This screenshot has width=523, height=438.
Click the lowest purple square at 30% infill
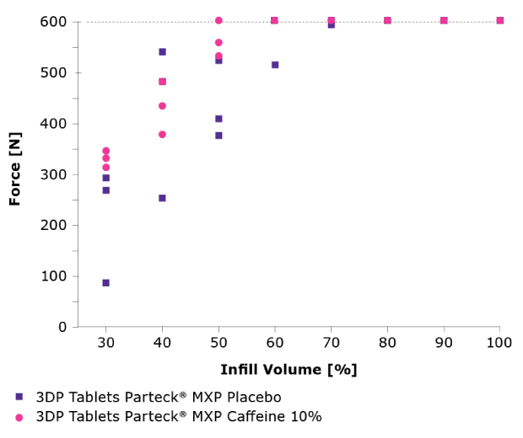coord(105,283)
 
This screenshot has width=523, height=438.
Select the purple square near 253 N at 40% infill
coord(162,198)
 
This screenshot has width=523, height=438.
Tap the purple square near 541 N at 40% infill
coord(162,52)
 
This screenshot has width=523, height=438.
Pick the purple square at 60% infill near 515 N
coord(275,65)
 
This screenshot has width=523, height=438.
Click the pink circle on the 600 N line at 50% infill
coord(218,20)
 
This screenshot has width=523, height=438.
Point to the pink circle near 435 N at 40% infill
coord(162,106)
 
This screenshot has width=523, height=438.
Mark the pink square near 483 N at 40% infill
coord(162,82)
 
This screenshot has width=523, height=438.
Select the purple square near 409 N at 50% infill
coord(218,119)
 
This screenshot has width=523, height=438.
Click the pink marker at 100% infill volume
coord(500,20)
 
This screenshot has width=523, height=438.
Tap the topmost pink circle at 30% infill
coord(105,151)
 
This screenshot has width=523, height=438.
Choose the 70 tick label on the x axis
coord(331,344)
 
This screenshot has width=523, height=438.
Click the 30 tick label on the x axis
coord(105,344)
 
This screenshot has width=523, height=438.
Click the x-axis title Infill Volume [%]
coord(288,370)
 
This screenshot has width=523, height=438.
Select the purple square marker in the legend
coord(19,397)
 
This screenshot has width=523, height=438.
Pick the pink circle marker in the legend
coord(19,417)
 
